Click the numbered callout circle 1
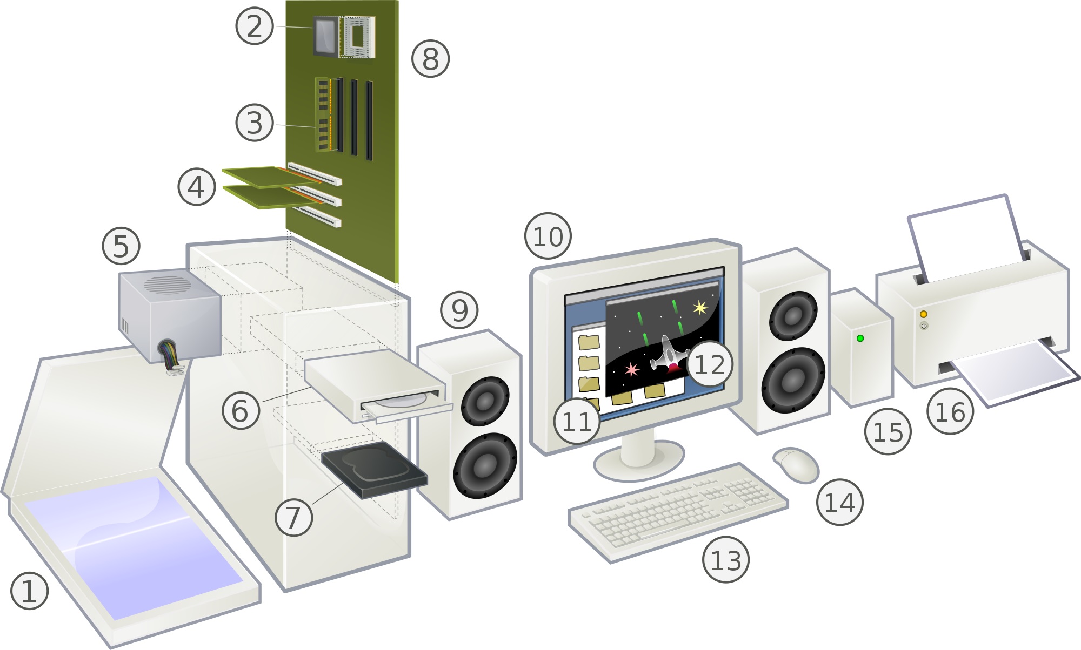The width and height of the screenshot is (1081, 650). (30, 591)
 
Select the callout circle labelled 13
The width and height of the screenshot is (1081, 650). (725, 560)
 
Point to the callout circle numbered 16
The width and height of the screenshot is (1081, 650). (950, 412)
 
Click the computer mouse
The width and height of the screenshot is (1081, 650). (798, 465)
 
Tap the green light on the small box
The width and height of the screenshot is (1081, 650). (860, 338)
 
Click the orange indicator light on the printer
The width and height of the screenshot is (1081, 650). (923, 314)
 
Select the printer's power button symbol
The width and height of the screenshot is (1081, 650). (924, 326)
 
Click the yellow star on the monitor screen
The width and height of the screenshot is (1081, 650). (700, 308)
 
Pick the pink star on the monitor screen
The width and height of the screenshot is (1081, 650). (631, 369)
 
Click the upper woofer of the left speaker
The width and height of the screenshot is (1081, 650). (485, 400)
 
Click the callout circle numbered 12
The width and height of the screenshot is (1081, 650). (709, 364)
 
